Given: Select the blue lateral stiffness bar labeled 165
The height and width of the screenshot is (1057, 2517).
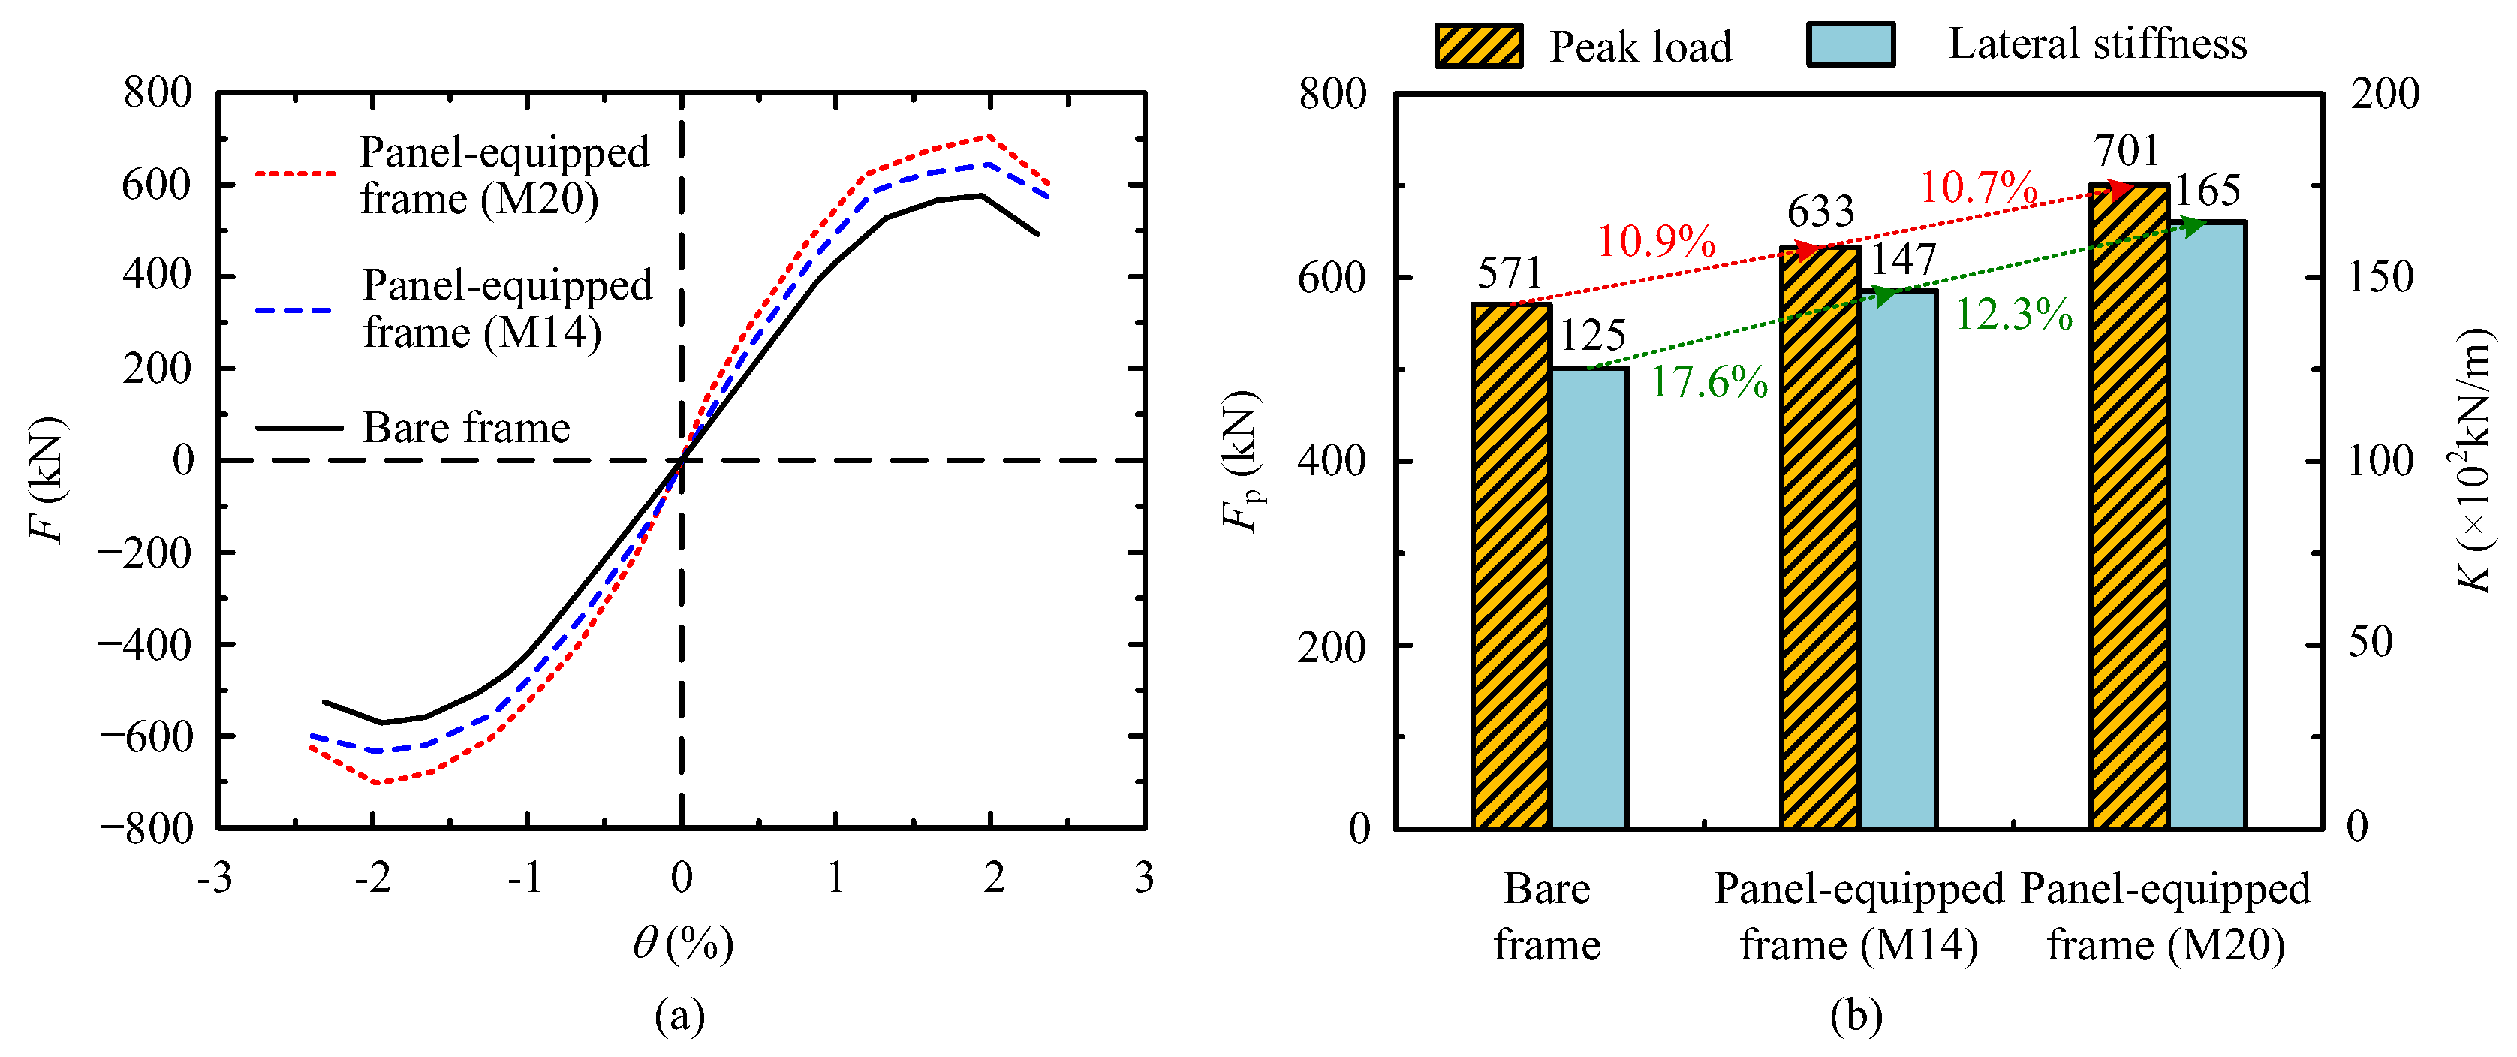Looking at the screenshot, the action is pos(2206,525).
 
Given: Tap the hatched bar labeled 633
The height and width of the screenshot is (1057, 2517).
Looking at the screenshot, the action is pos(1820,538).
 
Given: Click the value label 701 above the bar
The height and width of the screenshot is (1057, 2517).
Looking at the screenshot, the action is pos(2125,152).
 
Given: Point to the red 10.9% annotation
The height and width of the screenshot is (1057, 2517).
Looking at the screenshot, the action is pos(1656,241).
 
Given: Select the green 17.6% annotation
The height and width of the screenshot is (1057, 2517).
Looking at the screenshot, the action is pos(1709,382).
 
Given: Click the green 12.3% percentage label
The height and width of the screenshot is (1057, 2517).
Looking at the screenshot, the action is pos(2014,315).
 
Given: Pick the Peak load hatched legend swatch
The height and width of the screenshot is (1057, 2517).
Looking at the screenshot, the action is pos(1478,45).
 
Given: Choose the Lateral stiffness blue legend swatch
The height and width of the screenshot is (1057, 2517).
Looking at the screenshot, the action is pos(1850,44).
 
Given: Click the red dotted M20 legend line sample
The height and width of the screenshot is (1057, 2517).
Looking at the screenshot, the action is pos(295,174).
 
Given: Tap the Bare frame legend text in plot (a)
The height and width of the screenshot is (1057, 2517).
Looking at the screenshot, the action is pos(466,428).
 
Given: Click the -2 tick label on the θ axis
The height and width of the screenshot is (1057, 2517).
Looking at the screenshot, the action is pos(372,878).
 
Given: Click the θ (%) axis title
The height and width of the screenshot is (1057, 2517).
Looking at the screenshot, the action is pos(682,944).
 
